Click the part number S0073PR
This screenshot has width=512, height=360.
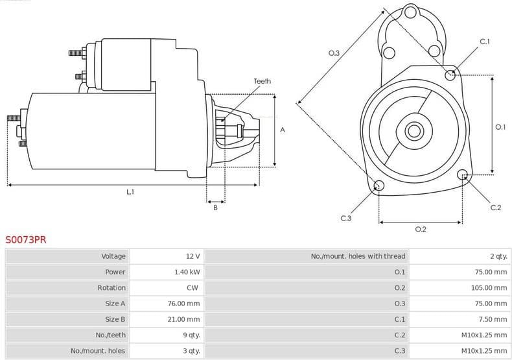[26, 239]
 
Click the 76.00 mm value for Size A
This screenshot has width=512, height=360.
[183, 303]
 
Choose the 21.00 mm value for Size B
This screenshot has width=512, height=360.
[183, 319]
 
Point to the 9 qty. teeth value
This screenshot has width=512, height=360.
[191, 335]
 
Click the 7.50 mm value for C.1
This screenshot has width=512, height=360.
[495, 319]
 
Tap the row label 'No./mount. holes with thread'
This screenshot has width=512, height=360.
[358, 256]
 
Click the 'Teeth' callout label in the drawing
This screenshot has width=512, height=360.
[262, 81]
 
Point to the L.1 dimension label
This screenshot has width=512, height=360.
[130, 192]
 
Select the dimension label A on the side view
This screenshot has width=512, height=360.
[283, 130]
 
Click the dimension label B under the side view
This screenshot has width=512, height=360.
[216, 208]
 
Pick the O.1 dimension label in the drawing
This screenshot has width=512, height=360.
[500, 127]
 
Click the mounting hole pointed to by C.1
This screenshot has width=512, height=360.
[451, 75]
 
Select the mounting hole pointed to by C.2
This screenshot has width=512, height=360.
[463, 174]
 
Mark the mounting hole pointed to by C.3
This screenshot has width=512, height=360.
[379, 187]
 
